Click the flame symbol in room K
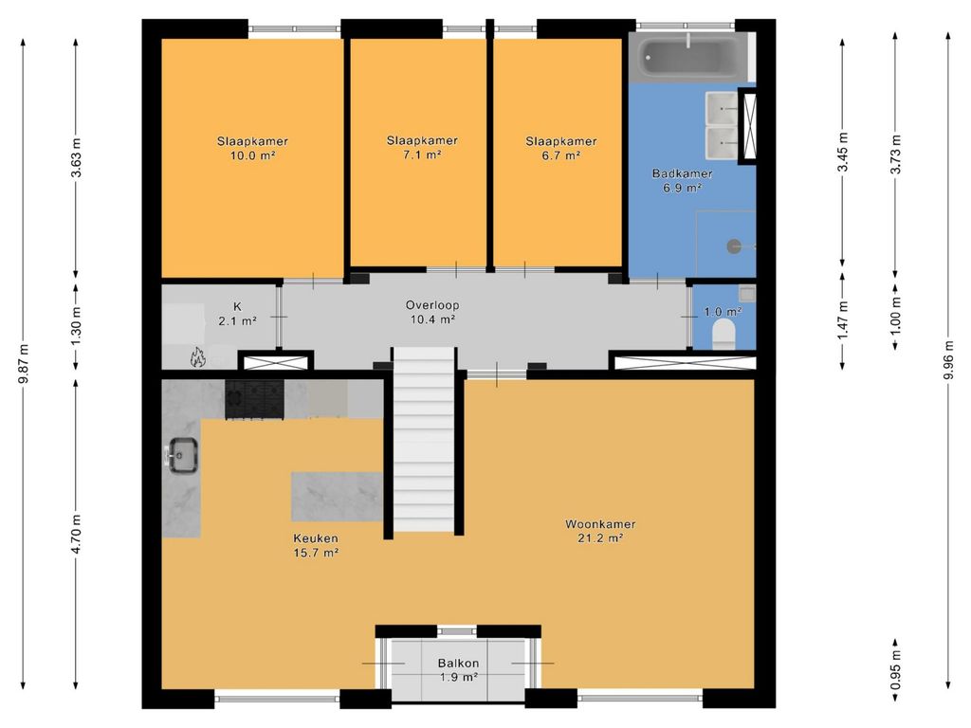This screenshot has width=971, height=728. coord(197,357)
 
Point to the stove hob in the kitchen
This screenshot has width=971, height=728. coord(254,399)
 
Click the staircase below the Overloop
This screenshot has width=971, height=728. coord(424,439)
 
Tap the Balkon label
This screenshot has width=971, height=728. coord(458,663)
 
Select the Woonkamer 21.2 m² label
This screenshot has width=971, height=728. coord(600,531)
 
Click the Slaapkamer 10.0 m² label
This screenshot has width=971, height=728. coord(252,148)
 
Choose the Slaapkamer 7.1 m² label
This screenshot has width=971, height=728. coord(422,147)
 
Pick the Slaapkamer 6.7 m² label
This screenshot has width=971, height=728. coord(561,148)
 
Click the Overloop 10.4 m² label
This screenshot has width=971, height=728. coord(432,312)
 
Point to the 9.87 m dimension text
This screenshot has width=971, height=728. coord(24,363)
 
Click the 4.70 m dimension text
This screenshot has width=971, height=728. coord(76,535)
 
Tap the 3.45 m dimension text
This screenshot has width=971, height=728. coord(842,153)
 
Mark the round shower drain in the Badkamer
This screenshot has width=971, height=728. coord(734,246)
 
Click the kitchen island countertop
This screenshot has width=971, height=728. coord(337,497)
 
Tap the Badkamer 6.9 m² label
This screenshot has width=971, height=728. coord(682,180)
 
